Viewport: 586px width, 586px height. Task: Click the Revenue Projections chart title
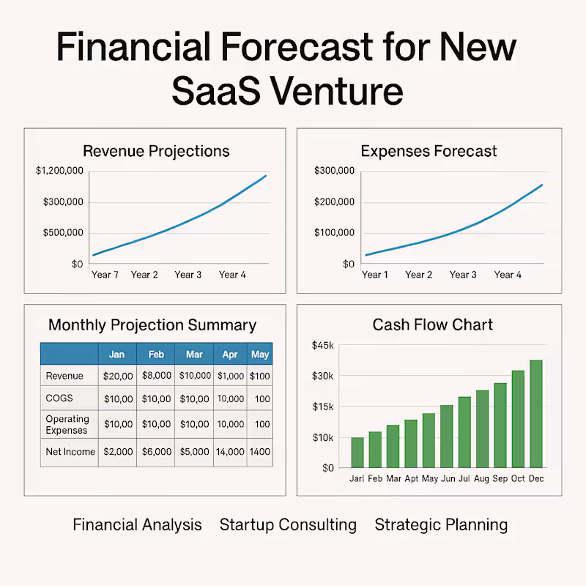point(156,152)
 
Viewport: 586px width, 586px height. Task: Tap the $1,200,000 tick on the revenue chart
point(59,171)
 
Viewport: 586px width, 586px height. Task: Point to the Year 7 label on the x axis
point(105,275)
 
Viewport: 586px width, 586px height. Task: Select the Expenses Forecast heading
point(429,152)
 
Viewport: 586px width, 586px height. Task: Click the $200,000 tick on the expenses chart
point(334,202)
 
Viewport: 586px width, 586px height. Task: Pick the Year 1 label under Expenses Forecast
point(375,275)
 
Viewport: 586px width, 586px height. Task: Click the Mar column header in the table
point(194,355)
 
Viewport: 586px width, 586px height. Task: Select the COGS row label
point(61,399)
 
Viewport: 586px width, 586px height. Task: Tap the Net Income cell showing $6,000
point(156,452)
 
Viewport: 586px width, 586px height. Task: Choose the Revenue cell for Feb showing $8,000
point(156,376)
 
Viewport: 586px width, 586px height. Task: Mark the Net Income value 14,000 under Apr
point(230,452)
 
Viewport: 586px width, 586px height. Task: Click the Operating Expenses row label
point(67,425)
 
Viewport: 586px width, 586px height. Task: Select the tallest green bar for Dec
point(536,414)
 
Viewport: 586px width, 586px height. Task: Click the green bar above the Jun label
point(446,436)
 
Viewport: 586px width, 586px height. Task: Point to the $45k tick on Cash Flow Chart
point(323,345)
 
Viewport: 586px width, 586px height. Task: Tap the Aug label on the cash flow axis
point(482,478)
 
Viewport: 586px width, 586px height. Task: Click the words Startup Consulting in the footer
point(288,524)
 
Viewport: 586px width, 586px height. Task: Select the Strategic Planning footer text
point(441,524)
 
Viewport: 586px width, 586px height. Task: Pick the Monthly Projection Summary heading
point(152,325)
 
